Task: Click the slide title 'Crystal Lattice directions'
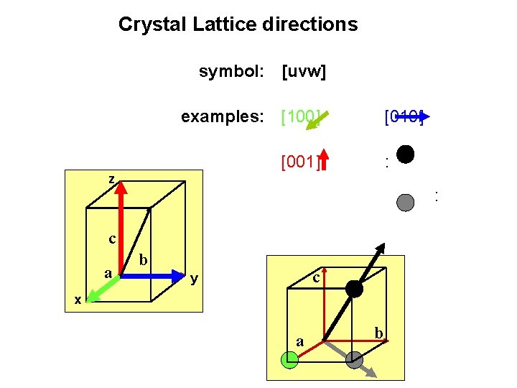pyautogui.click(x=238, y=24)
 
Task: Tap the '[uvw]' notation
pyautogui.click(x=304, y=72)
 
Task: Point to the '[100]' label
pyautogui.click(x=300, y=116)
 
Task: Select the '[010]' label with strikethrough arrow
pyautogui.click(x=404, y=116)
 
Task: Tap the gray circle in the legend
pyautogui.click(x=406, y=202)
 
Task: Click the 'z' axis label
pyautogui.click(x=111, y=179)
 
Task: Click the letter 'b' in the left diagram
pyautogui.click(x=144, y=259)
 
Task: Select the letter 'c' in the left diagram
pyautogui.click(x=113, y=239)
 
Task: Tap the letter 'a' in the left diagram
pyautogui.click(x=107, y=273)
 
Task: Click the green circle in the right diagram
pyautogui.click(x=289, y=360)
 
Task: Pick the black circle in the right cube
pyautogui.click(x=355, y=289)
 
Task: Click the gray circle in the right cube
pyautogui.click(x=354, y=360)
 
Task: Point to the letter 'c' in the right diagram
pyautogui.click(x=315, y=277)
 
